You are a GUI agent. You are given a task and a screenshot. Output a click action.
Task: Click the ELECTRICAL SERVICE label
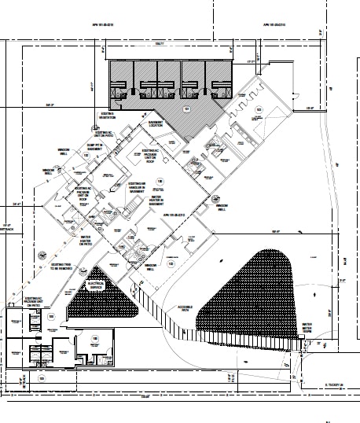(x=96, y=287)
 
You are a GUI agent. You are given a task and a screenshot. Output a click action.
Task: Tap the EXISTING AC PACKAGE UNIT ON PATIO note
(x=33, y=303)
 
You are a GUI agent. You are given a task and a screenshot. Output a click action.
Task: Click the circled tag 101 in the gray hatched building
(x=187, y=108)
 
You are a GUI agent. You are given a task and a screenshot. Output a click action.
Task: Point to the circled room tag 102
(x=85, y=156)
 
